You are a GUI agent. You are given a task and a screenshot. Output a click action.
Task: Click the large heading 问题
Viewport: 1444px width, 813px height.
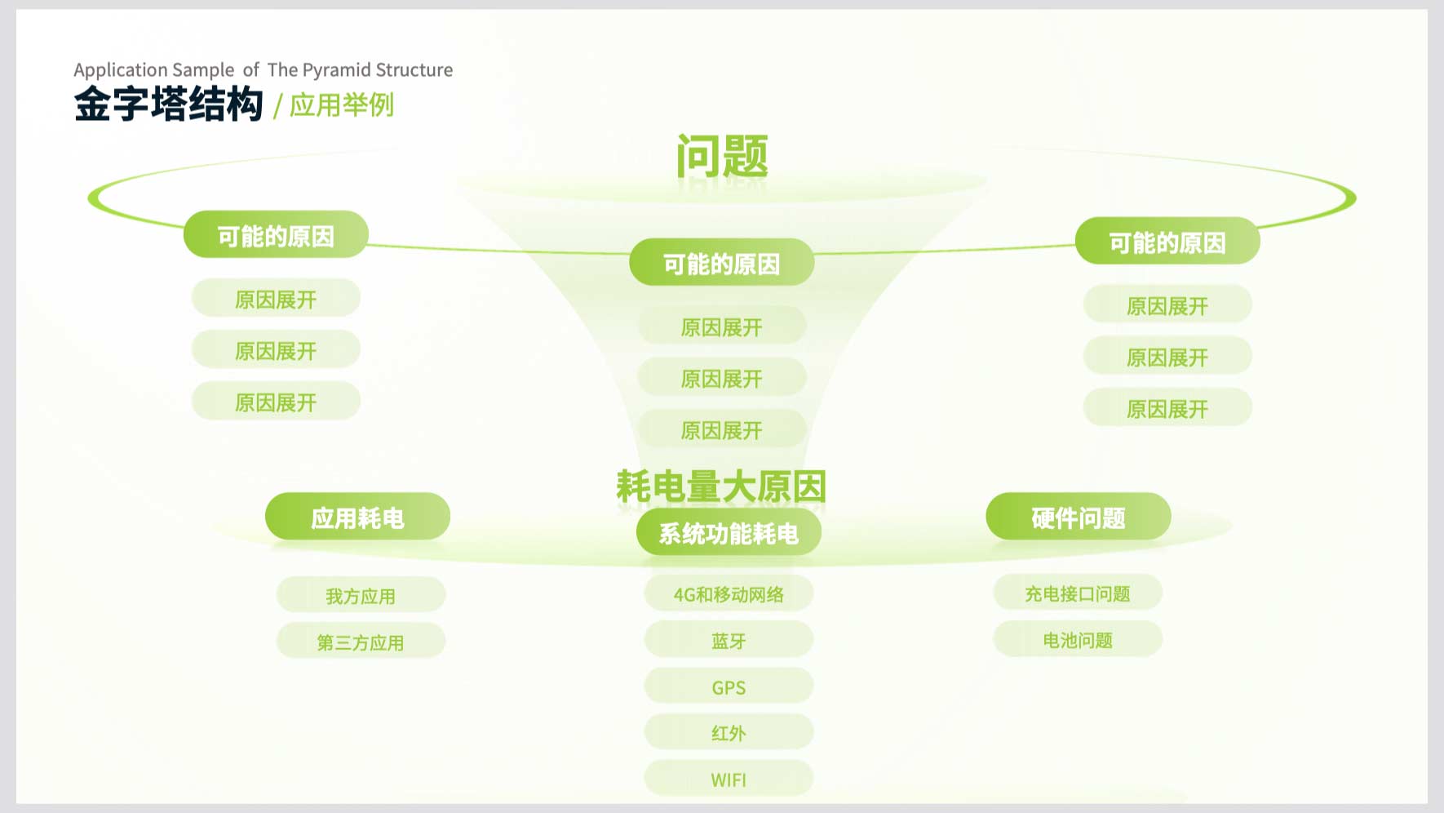point(722,156)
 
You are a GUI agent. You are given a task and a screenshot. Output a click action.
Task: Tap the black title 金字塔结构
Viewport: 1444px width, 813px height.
point(169,104)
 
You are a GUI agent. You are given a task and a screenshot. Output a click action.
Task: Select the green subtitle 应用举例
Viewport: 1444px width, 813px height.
point(342,105)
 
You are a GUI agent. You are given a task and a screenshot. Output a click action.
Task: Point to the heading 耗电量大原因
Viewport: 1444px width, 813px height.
point(721,486)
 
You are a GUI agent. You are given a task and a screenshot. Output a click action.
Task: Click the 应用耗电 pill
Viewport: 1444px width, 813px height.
point(357,517)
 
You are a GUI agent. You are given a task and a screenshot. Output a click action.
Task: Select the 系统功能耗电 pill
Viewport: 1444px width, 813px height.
point(729,532)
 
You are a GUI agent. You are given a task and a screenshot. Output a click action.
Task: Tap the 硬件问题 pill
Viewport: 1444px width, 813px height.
point(1079,517)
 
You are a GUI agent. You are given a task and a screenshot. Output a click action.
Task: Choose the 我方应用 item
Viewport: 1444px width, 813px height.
point(361,595)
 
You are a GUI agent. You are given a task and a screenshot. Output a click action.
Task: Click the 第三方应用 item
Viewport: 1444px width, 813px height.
point(361,642)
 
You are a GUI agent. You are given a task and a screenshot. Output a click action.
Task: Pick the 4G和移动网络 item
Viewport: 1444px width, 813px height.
point(729,593)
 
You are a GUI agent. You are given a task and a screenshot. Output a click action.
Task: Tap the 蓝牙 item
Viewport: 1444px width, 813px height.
point(729,640)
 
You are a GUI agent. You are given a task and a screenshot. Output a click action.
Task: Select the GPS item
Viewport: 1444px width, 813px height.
point(729,686)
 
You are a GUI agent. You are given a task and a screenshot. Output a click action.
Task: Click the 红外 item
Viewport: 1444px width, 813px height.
point(729,732)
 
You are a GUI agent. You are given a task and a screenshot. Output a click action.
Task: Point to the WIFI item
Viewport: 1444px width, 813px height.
point(729,779)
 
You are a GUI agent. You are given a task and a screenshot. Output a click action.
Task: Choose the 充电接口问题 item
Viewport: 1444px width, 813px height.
point(1078,593)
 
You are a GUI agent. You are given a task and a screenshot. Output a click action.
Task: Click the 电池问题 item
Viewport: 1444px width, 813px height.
point(1078,639)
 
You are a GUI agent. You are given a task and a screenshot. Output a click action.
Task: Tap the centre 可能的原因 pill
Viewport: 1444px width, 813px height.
point(722,263)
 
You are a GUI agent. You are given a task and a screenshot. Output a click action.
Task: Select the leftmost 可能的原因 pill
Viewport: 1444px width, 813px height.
point(276,235)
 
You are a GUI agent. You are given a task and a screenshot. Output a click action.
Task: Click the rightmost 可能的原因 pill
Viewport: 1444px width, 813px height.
point(1167,242)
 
